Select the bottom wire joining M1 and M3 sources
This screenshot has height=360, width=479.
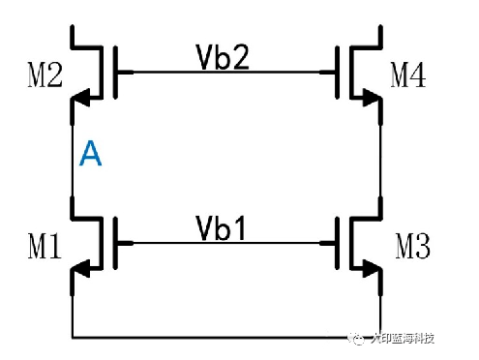(223, 338)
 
